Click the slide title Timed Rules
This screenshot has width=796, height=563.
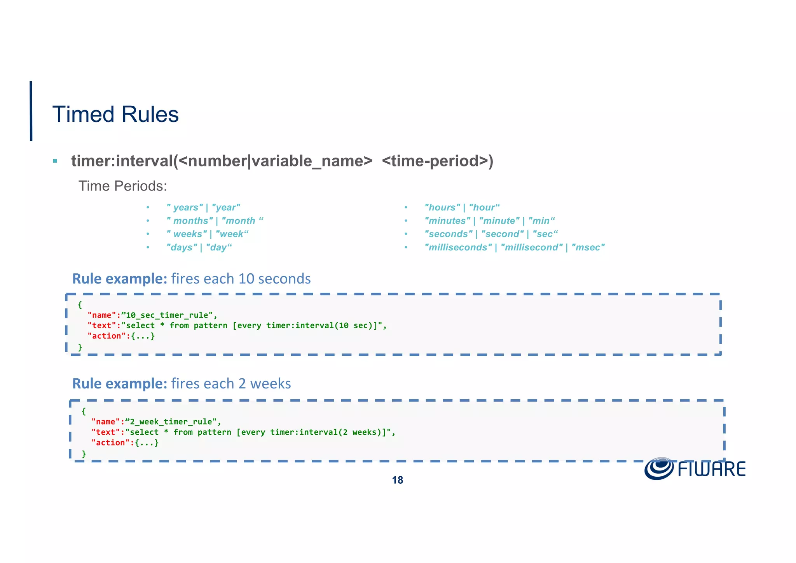[115, 114]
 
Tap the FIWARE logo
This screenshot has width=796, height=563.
[695, 469]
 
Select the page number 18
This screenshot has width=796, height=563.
[397, 480]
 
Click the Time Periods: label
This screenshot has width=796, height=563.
[122, 186]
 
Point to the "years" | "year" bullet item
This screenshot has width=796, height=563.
[203, 208]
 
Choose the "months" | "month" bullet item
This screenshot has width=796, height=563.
[215, 221]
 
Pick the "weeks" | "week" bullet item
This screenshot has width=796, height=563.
[207, 234]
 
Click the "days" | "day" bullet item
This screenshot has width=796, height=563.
[199, 248]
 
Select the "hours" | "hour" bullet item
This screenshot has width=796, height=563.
[462, 208]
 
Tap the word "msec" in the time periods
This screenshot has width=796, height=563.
[588, 248]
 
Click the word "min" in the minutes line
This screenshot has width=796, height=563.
[541, 221]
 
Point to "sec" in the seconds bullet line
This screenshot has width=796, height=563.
[545, 234]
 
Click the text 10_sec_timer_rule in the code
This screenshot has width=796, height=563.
[169, 315]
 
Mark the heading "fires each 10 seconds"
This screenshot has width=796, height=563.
[241, 279]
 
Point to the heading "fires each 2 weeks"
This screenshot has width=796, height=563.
[231, 384]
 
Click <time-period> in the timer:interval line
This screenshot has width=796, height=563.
[438, 161]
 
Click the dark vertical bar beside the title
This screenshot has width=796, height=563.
[31, 111]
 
